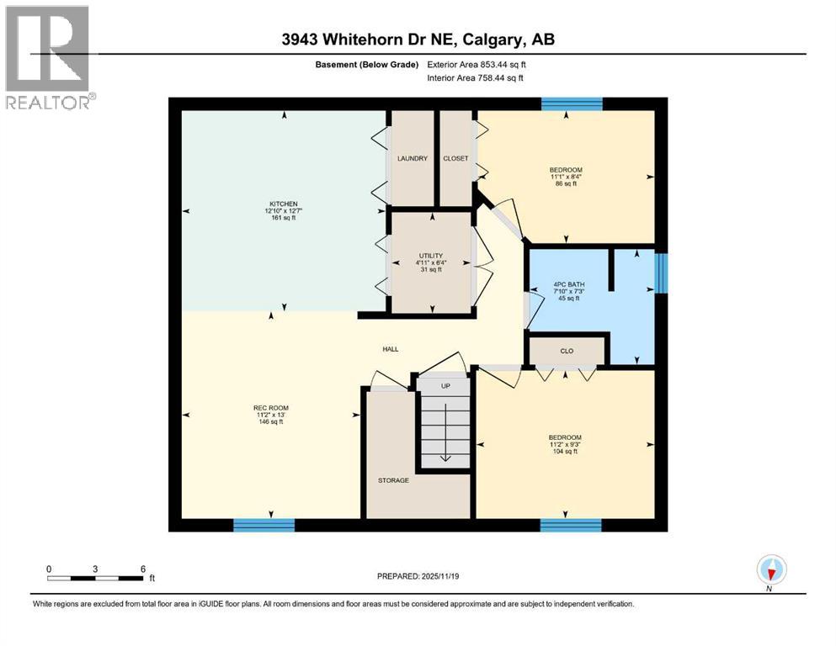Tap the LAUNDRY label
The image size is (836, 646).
[413, 158]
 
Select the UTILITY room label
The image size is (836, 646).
[431, 256]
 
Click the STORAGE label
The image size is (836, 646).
[393, 480]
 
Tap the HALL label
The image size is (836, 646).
[390, 349]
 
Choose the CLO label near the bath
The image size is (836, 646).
[567, 351]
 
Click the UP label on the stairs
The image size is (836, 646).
[445, 385]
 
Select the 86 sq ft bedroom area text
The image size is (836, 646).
[564, 184]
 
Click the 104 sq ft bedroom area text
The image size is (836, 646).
[564, 452]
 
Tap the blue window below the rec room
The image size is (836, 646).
[264, 525]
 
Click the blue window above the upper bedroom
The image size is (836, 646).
[572, 104]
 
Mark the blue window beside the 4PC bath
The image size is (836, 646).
[661, 274]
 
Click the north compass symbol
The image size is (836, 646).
[770, 570]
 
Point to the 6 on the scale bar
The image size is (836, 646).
[143, 569]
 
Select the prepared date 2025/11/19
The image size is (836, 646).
[418, 576]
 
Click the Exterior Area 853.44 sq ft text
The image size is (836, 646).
[479, 64]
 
